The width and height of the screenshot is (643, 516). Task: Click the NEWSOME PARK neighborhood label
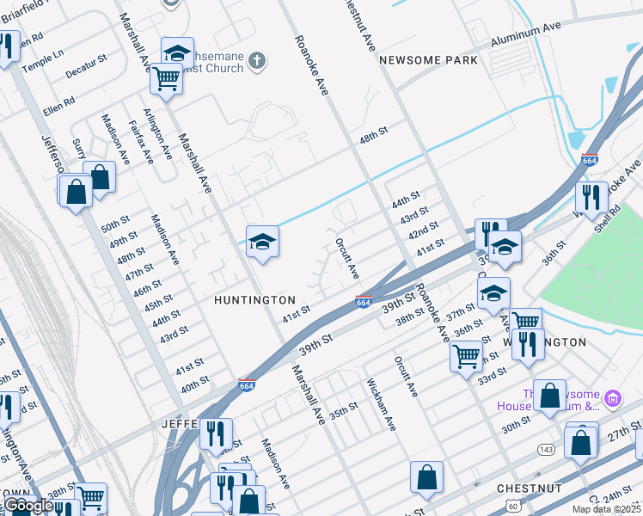(x=427, y=60)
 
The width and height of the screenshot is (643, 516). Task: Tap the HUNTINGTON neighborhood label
(x=254, y=300)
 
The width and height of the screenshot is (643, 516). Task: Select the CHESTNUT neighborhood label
(x=529, y=488)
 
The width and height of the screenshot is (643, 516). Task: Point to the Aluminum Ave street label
(x=525, y=36)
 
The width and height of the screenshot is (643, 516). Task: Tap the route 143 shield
(x=545, y=449)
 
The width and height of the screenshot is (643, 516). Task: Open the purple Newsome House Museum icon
(x=611, y=398)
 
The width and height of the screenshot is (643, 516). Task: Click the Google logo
(x=28, y=506)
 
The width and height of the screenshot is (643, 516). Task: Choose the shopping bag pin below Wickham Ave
(x=426, y=477)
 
